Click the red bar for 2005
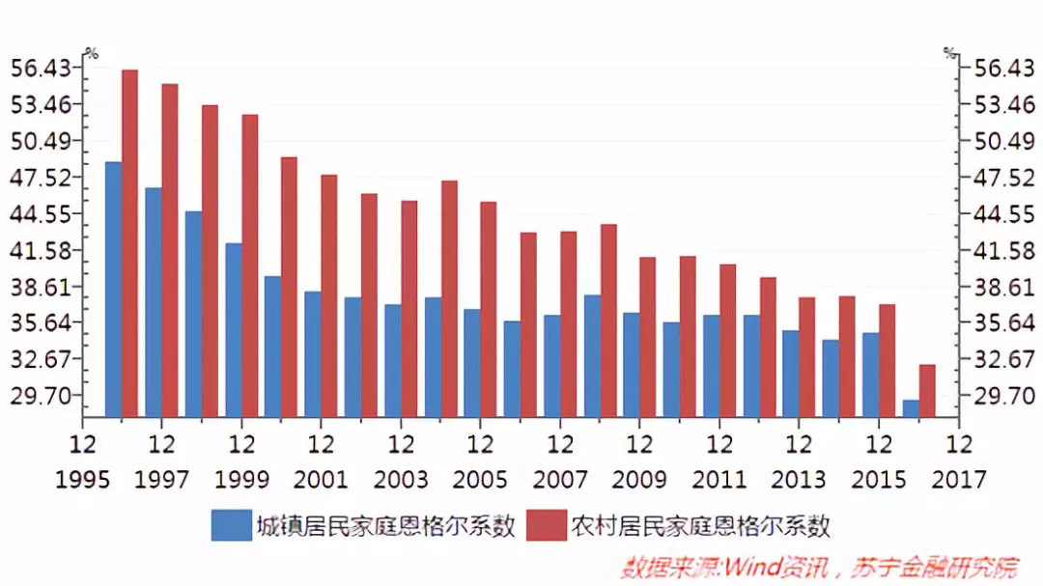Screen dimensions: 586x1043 pos(489,309)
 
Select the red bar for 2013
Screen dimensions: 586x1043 pos(807,356)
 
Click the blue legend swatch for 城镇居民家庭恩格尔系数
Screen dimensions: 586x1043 pos(230,526)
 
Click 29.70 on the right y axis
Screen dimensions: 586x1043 pos(995,396)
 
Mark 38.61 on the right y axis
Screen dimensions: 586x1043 pos(995,287)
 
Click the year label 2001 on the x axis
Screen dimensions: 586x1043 pos(322,479)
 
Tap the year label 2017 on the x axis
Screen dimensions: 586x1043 pos(959,479)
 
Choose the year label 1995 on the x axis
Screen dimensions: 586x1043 pos(82,479)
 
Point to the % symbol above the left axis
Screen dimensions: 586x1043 pos(92,53)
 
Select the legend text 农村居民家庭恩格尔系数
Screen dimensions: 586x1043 pos(701,526)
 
